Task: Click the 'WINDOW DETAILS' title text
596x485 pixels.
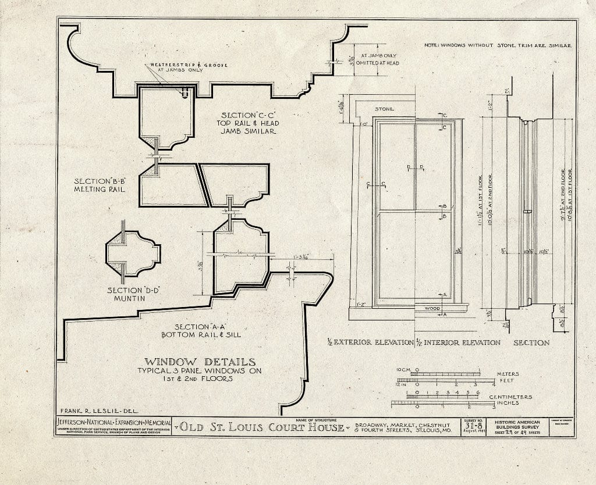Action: tap(200, 362)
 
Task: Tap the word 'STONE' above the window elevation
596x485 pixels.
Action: tap(385, 109)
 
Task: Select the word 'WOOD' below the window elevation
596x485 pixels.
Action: tap(432, 308)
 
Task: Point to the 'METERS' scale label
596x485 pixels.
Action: tap(507, 374)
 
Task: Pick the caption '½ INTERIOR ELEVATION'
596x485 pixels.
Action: tap(459, 343)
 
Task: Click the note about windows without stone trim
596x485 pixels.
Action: tap(499, 45)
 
